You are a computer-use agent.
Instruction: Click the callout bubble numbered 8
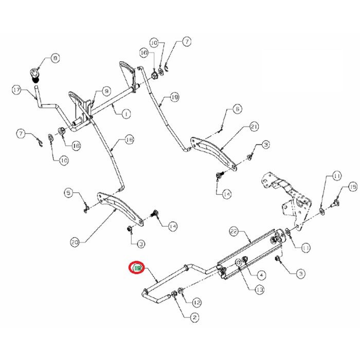[x=56, y=59]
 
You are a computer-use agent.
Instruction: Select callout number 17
[x=16, y=91]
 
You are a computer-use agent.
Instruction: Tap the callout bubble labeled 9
[x=106, y=91]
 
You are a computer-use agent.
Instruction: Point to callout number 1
[x=125, y=113]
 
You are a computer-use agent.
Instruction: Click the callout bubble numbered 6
[x=237, y=109]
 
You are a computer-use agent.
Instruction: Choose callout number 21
[x=254, y=127]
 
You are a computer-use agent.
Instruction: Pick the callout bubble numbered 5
[x=68, y=193]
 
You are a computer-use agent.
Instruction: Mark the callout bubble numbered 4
[x=261, y=276]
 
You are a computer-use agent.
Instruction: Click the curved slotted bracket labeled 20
[x=119, y=207]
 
